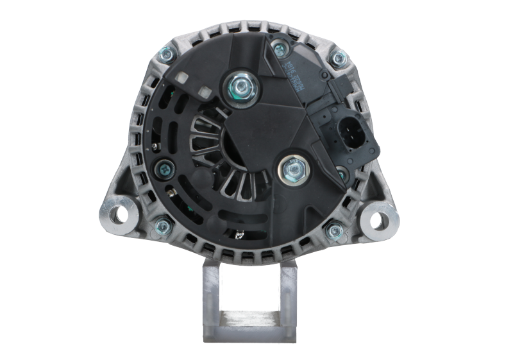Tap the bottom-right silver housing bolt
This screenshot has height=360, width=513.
click(x=332, y=230)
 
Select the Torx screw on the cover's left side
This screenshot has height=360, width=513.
click(x=163, y=168)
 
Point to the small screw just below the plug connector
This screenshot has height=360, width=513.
click(x=340, y=172)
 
